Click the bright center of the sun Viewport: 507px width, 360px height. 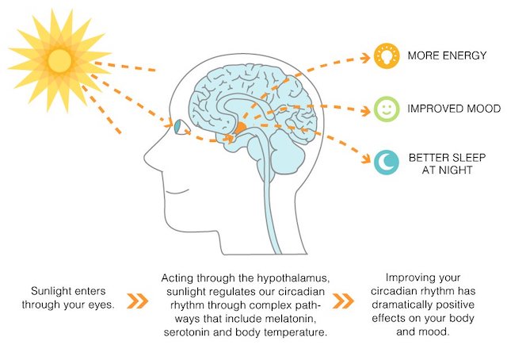[60, 60]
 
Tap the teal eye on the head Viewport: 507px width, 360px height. [178, 127]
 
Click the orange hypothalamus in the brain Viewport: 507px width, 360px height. [240, 128]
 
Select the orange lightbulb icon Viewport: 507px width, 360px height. [387, 56]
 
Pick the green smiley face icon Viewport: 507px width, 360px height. [387, 109]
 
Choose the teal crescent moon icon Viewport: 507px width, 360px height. [387, 163]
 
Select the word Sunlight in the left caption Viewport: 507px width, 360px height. [51, 291]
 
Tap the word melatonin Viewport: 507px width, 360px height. [290, 319]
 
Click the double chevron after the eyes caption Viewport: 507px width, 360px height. [137, 301]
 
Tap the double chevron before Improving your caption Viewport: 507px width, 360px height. [343, 301]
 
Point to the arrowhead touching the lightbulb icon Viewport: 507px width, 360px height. [366, 58]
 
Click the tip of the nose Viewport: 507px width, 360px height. [145, 158]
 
